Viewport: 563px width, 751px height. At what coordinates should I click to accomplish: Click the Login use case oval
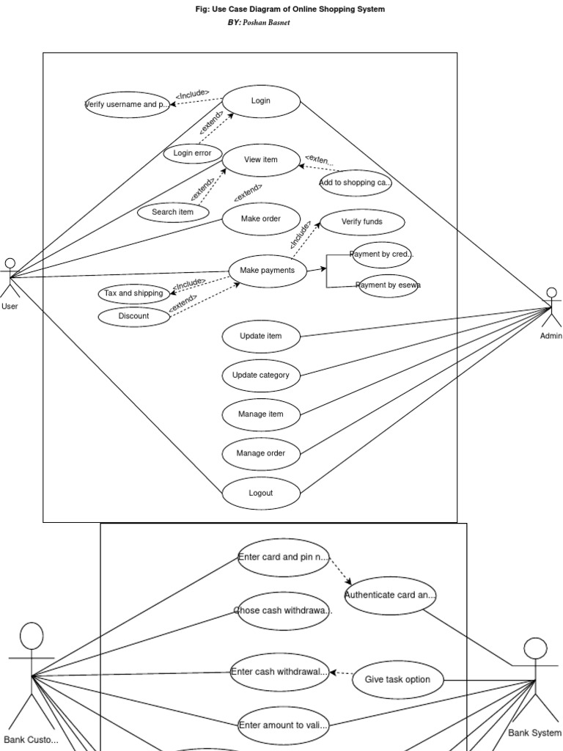[261, 101]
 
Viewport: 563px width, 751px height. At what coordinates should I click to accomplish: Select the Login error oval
[192, 153]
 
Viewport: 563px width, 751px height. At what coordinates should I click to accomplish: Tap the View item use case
[261, 160]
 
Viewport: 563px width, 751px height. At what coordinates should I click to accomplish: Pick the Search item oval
[173, 212]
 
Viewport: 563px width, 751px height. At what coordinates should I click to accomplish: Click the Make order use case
[261, 219]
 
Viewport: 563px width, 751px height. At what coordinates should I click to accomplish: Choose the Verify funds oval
[362, 221]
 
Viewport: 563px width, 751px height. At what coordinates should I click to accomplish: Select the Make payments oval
[267, 271]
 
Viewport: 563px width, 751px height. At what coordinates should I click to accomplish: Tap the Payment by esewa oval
[388, 285]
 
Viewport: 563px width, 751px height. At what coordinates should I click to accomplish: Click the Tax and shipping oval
[133, 293]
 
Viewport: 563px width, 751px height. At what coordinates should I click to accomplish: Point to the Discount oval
[133, 316]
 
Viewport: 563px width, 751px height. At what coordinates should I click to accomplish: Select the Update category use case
[261, 375]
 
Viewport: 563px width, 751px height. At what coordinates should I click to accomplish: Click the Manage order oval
[261, 453]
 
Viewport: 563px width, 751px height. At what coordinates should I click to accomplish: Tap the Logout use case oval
[261, 493]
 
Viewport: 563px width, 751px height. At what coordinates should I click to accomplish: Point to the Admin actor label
[551, 336]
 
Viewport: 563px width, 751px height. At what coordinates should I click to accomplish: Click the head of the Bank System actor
[536, 649]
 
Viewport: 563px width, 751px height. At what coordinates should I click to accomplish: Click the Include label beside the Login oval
[192, 95]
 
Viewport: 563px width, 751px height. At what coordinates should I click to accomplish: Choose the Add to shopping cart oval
[356, 183]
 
